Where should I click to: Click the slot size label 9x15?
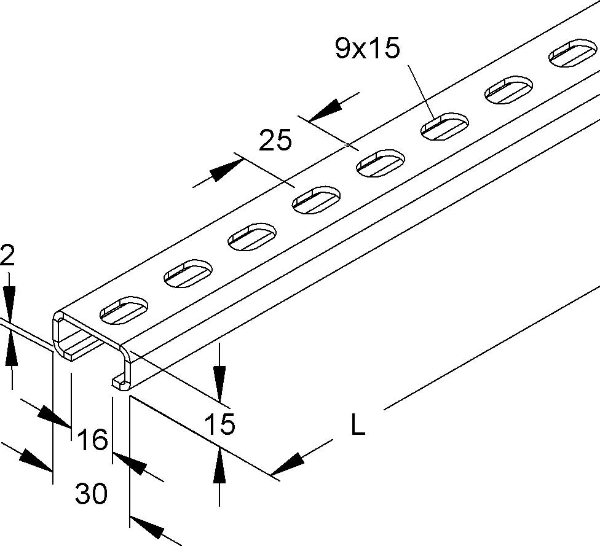367,49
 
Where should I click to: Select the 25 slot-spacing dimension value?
275,141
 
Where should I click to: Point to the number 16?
93,440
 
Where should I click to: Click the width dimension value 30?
91,493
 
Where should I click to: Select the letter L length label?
357,425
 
